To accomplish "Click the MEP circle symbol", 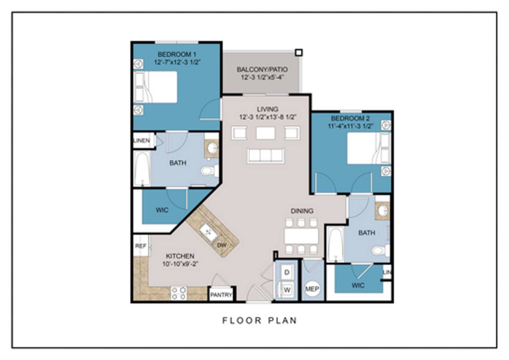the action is pos(312,289).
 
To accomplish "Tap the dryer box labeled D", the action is pos(287,272).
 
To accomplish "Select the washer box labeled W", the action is pos(287,290).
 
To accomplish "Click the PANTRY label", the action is pos(221,295).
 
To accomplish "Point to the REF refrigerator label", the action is pos(141,246).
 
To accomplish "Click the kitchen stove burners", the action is pos(179,293).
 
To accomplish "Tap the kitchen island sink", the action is pos(209,232).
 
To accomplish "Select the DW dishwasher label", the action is pos(222,245).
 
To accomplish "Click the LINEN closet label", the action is pos(142,141).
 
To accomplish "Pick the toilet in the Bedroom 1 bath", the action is pos(210,170).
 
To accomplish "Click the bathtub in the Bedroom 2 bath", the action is pos(336,245).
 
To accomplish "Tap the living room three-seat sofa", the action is pos(266,156).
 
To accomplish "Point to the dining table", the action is pos(301,236).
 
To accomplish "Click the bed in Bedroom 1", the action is pos(155,87).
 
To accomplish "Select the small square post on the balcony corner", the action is pos(299,53).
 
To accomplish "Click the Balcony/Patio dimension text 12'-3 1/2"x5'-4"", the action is pos(262,78).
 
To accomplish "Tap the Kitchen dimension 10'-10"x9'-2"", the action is pos(180,264).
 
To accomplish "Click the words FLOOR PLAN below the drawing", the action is pos(260,321).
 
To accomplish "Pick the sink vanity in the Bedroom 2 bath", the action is pos(383,211).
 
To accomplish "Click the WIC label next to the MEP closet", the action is pos(358,285).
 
